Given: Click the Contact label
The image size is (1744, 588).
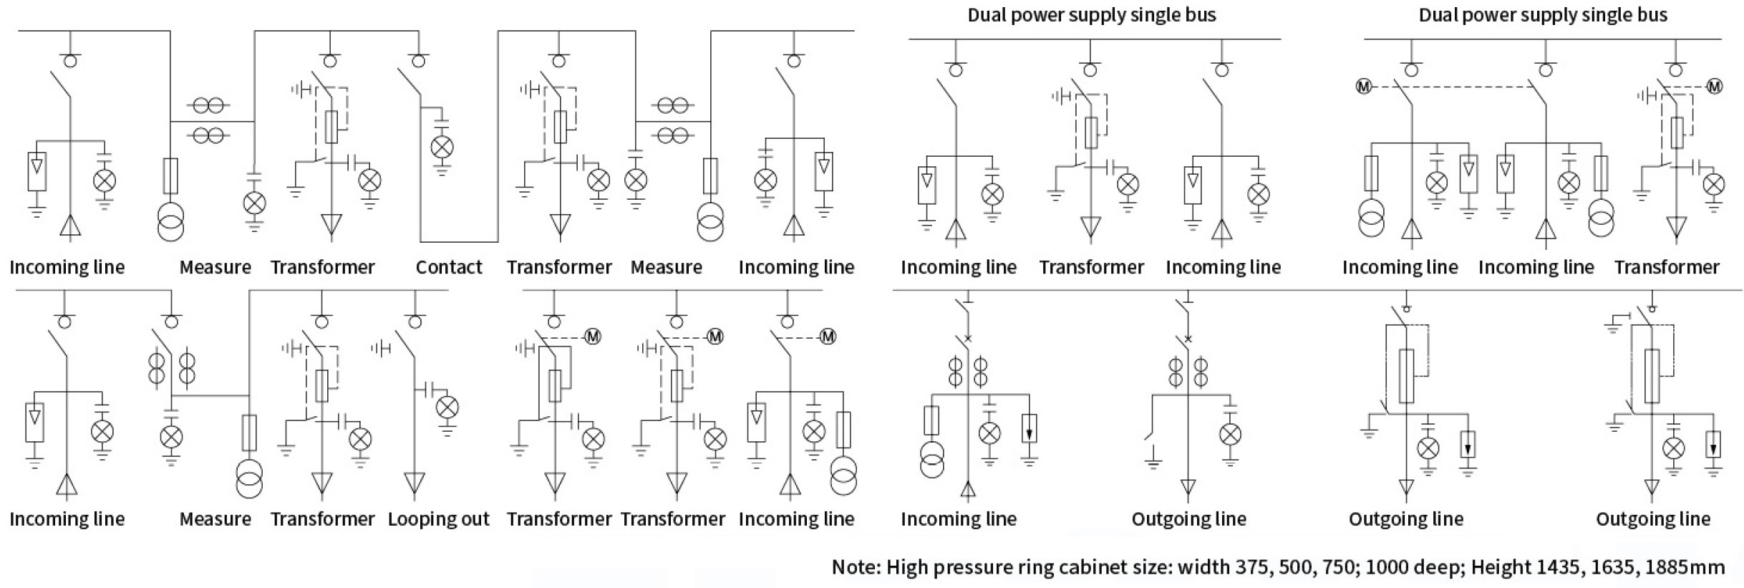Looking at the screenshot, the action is click(449, 267).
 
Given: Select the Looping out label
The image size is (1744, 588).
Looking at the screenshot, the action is click(438, 519).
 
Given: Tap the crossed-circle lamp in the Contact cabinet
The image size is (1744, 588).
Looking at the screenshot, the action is click(442, 148).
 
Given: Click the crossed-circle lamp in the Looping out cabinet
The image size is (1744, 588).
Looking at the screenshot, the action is click(447, 408).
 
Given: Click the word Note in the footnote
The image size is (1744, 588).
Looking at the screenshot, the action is click(856, 567).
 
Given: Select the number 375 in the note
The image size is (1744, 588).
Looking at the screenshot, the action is click(1252, 567).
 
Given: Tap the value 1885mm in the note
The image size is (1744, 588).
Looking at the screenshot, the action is click(1685, 567).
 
